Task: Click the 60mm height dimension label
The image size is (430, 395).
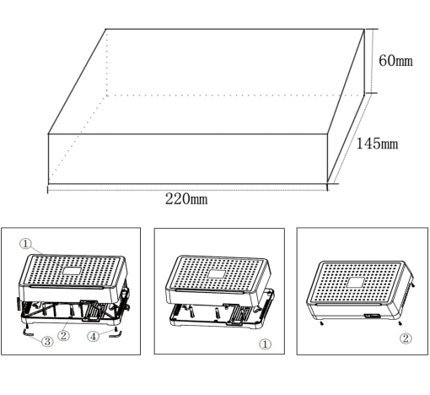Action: click(395, 61)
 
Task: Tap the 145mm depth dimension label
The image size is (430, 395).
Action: click(377, 143)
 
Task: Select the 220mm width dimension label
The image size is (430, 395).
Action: click(186, 199)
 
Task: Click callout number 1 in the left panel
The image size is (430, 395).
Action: click(25, 244)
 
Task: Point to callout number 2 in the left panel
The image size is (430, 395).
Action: click(63, 335)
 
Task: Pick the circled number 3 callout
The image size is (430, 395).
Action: click(47, 341)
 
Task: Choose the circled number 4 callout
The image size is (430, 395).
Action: click(94, 336)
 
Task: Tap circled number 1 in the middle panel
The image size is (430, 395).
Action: click(265, 344)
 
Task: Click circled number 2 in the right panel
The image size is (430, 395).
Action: click(406, 338)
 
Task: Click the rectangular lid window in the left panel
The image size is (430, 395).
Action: click(72, 271)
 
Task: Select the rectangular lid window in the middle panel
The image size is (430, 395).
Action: click(217, 273)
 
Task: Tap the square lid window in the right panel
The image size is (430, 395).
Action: click(356, 282)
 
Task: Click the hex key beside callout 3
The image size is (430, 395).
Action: click(28, 333)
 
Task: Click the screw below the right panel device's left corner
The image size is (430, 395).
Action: click(322, 323)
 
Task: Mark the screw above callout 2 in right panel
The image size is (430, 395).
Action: click(400, 323)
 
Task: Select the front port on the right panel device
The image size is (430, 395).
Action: click(373, 316)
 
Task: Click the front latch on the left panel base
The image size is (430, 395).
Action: click(90, 311)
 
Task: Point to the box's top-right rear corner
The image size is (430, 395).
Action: click(364, 29)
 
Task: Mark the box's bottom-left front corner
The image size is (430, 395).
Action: click(48, 184)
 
